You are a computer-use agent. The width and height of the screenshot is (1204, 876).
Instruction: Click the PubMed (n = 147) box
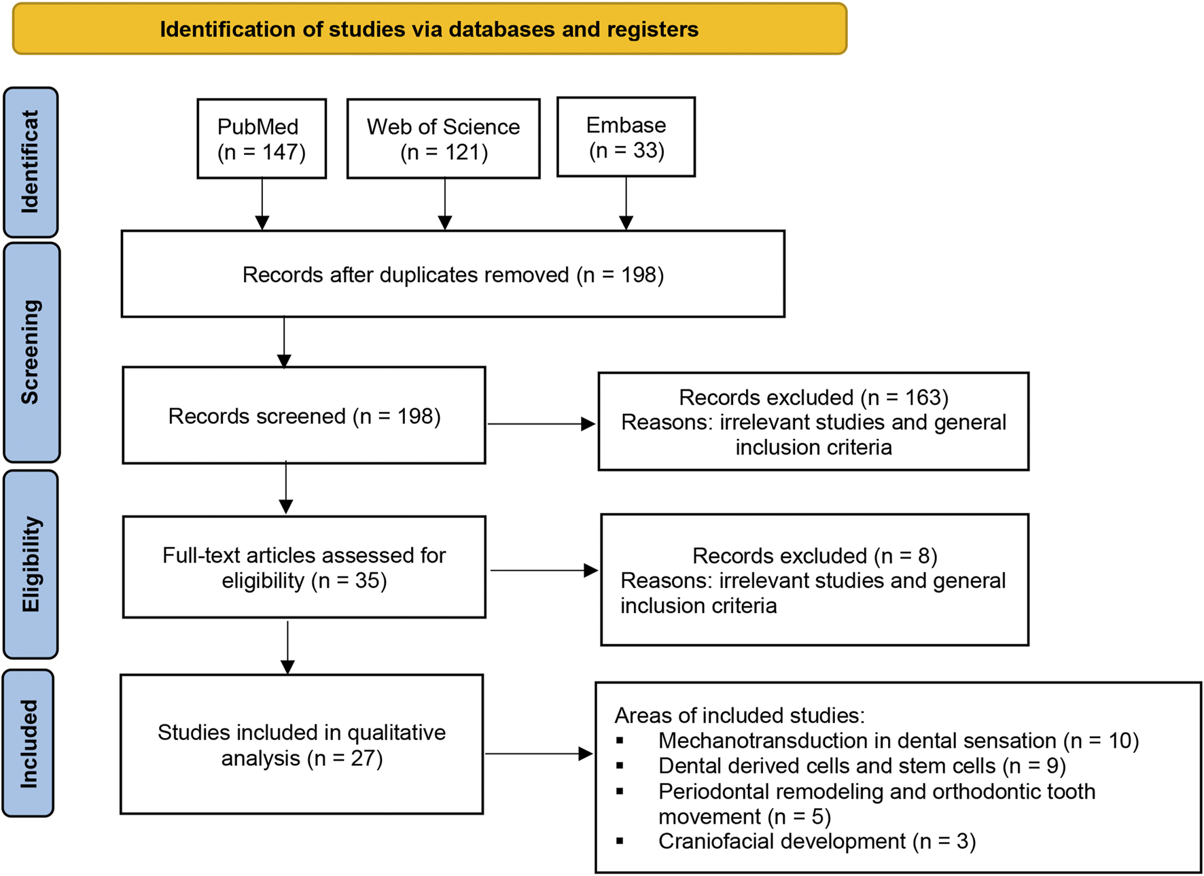(x=262, y=139)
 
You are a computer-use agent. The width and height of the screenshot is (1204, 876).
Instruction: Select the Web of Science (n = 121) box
(x=443, y=139)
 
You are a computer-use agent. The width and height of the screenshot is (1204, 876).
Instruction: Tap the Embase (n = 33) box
(x=626, y=137)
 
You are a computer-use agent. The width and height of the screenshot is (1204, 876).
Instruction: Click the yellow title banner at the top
(x=429, y=29)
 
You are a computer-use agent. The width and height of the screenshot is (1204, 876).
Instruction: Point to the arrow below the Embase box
(x=626, y=203)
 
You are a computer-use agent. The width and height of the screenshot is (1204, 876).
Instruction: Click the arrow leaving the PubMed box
(x=262, y=204)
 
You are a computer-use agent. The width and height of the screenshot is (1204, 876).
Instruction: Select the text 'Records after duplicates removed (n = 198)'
(x=453, y=275)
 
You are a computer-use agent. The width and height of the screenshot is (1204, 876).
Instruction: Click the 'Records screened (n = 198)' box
(x=304, y=415)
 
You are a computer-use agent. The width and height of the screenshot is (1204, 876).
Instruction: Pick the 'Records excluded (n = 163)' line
(x=813, y=397)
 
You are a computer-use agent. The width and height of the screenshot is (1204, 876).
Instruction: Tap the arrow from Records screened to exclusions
(x=541, y=424)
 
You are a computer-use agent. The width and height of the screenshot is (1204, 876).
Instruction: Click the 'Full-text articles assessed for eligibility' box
(x=304, y=567)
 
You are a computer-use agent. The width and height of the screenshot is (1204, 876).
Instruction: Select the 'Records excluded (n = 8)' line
(x=814, y=555)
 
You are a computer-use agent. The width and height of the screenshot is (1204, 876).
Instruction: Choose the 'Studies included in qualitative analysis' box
(x=302, y=744)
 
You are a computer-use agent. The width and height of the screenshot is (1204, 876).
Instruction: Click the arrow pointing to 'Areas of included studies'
(x=538, y=754)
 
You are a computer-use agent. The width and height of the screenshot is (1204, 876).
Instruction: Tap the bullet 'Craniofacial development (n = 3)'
(x=817, y=841)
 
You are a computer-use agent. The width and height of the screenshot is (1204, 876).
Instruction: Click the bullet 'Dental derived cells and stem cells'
(x=862, y=766)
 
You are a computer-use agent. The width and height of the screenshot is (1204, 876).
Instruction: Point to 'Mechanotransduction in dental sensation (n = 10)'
(x=898, y=740)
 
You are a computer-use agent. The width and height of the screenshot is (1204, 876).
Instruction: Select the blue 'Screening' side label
(x=31, y=352)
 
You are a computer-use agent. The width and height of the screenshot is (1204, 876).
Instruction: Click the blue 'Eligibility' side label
(x=31, y=564)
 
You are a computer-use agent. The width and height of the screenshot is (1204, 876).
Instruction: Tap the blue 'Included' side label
(x=29, y=743)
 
